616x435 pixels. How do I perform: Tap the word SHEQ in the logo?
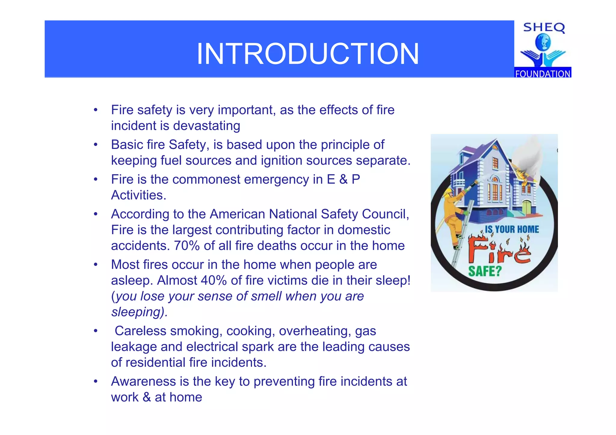coord(544,28)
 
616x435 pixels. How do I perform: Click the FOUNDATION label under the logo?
coord(543,74)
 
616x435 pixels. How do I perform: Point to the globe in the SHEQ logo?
coord(543,42)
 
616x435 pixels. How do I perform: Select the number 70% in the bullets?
coord(187,246)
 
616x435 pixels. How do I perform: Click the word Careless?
coord(140,331)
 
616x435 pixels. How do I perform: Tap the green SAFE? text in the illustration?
coord(485,271)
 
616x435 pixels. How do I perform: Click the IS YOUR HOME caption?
coord(512,230)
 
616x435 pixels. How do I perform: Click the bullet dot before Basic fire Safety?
coord(96,145)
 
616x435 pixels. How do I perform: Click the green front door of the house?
coord(527,207)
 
